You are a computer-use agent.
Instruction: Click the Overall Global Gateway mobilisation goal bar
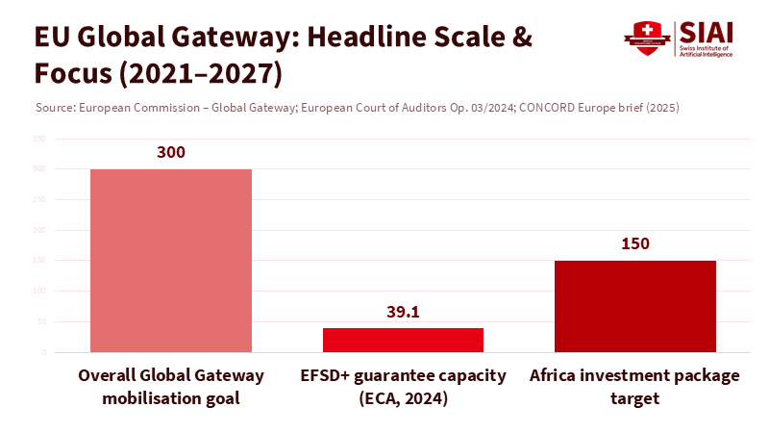click(171, 261)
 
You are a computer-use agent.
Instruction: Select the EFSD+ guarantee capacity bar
click(403, 340)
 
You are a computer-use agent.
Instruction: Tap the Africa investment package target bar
click(635, 306)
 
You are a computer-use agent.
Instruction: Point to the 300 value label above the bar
click(171, 152)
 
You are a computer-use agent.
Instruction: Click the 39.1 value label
click(403, 312)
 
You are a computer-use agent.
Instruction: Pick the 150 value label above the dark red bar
click(635, 243)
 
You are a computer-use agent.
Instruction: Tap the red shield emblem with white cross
click(646, 38)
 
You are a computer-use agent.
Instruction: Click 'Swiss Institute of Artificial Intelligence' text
click(710, 51)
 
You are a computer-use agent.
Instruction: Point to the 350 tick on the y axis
click(39, 139)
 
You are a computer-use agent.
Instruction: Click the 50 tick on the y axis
click(41, 321)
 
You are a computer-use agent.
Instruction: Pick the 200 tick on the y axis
click(39, 230)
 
